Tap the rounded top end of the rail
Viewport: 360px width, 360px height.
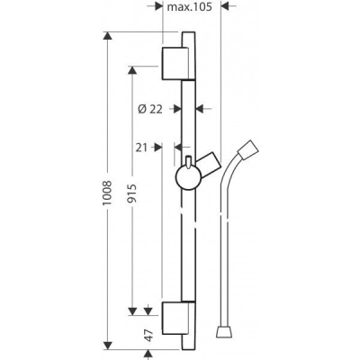tap(188, 36)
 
